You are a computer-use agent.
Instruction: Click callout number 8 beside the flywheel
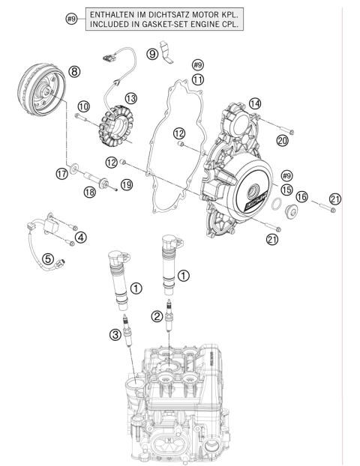coord(73,71)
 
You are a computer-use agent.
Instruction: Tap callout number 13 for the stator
coord(131,98)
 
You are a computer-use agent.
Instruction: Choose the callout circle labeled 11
coord(198,79)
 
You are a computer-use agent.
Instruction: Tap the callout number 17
coord(62,174)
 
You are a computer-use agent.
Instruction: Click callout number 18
coord(89,193)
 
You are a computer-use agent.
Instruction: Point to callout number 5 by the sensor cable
coord(48,259)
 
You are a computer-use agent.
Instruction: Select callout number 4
coord(80,237)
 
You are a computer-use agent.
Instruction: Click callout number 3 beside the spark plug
coord(115,334)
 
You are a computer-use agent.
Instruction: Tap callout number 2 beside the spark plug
coord(156,317)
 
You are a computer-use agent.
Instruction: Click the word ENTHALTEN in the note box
coord(115,15)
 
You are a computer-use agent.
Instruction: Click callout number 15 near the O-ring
coord(285,190)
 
